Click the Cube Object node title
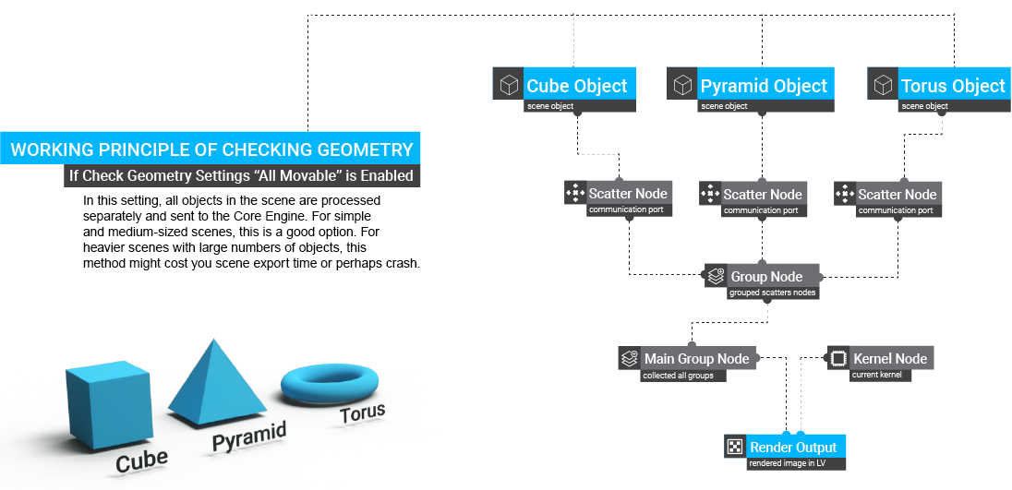pyautogui.click(x=577, y=86)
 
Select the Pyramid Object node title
pyautogui.click(x=764, y=86)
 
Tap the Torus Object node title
pyautogui.click(x=952, y=86)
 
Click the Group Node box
pyautogui.click(x=765, y=276)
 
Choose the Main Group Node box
pyautogui.click(x=696, y=358)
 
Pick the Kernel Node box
pyautogui.click(x=889, y=358)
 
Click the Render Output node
pyautogui.click(x=792, y=447)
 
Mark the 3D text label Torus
pyautogui.click(x=362, y=413)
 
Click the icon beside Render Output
pyautogui.click(x=735, y=447)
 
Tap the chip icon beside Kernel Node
pyautogui.click(x=837, y=358)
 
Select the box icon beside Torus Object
pyautogui.click(x=884, y=86)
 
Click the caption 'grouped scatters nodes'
pyautogui.click(x=772, y=293)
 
